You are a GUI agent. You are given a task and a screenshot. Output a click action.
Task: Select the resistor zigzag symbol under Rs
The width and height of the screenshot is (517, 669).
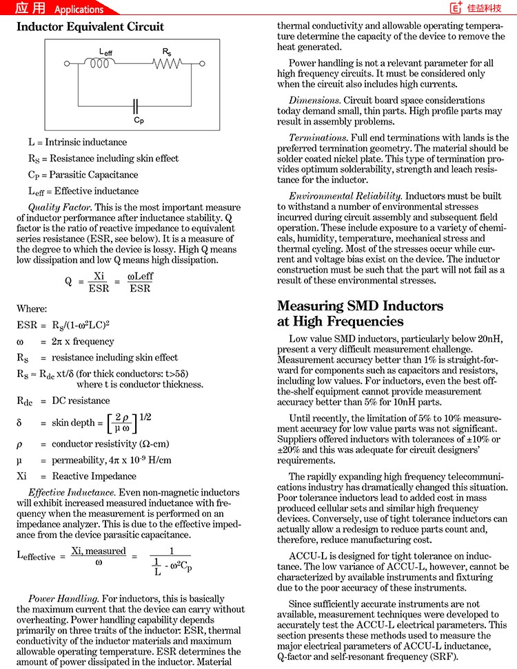tap(168, 63)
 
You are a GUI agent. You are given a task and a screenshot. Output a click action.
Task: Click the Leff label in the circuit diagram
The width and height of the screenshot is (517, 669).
tap(106, 52)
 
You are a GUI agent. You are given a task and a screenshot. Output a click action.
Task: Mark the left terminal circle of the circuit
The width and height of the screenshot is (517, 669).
tap(67, 64)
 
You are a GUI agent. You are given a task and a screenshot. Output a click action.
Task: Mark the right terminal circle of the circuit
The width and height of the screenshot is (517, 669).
tap(210, 64)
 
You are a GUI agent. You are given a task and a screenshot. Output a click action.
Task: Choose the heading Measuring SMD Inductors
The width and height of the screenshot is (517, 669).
tap(360, 306)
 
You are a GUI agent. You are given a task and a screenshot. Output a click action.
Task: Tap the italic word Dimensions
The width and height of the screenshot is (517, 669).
tap(315, 100)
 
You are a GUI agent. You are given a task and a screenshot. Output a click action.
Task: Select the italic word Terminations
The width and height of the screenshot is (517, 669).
tap(318, 138)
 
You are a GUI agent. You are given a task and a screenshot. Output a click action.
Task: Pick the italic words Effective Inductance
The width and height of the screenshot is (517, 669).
tap(72, 492)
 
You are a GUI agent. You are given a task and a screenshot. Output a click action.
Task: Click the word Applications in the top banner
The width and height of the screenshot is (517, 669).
tap(79, 9)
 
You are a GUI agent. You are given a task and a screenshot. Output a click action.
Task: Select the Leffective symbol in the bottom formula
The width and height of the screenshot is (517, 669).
tap(36, 556)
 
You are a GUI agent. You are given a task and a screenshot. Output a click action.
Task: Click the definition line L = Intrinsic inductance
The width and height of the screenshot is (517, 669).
tap(77, 142)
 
